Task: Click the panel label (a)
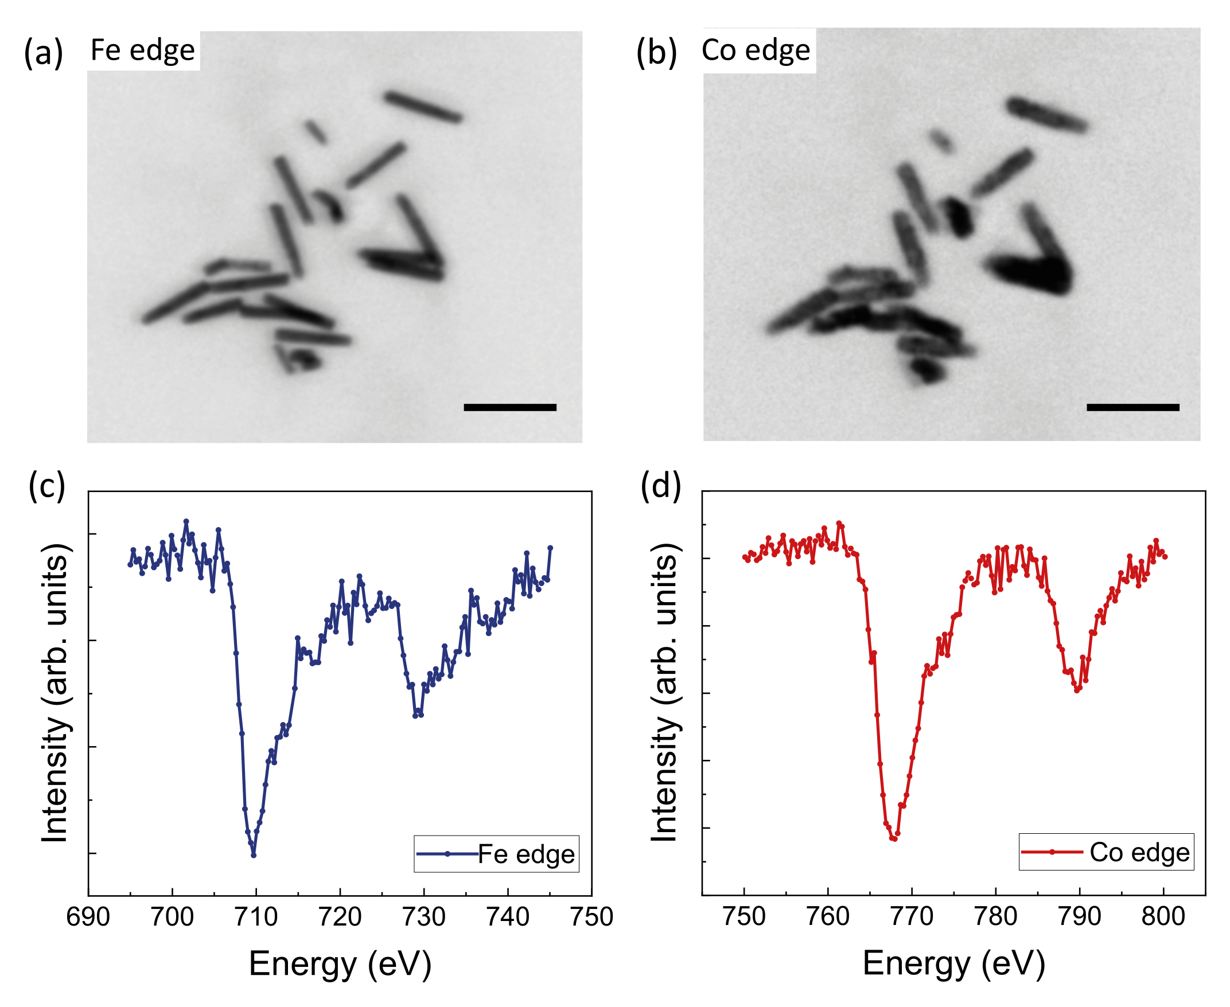tap(43, 53)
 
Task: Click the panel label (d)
tap(660, 485)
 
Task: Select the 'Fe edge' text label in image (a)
tap(143, 50)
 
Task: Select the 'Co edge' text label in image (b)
tap(756, 50)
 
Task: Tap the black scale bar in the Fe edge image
tap(509, 407)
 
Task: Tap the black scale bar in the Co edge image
tap(1132, 407)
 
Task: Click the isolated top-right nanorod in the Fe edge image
tap(423, 107)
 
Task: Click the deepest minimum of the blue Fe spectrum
tap(254, 854)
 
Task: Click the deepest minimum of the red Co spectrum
tap(893, 838)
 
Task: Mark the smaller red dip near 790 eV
tap(1077, 690)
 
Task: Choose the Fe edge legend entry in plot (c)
tap(497, 854)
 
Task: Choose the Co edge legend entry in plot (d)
tap(1106, 852)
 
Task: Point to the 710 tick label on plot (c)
tap(256, 917)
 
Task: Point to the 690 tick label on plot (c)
tap(88, 917)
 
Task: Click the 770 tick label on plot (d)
tap(912, 916)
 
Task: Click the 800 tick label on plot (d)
tap(1163, 916)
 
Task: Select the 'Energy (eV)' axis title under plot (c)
tap(340, 964)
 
